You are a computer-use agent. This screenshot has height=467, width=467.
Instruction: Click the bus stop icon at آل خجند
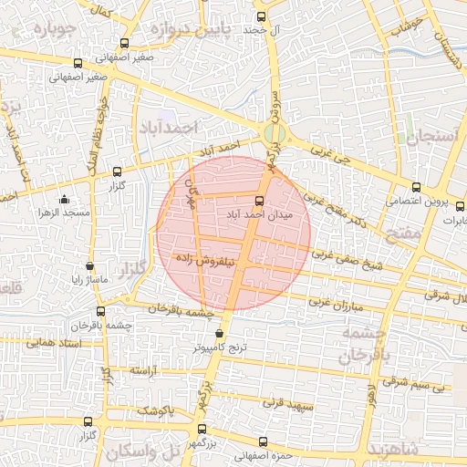(x=263, y=16)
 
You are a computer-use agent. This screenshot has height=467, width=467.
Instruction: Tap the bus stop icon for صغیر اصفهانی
(x=77, y=65)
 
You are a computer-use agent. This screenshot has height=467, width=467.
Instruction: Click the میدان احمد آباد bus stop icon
(x=259, y=201)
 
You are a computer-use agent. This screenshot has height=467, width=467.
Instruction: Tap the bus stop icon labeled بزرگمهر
(x=202, y=429)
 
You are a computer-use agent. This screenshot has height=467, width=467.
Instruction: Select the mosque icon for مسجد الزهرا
(x=63, y=200)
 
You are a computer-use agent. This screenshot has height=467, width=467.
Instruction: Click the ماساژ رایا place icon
(x=89, y=265)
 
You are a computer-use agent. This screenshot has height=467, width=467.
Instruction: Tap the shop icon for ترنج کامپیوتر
(x=218, y=334)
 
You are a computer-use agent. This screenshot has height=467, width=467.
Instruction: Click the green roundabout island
(x=272, y=135)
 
